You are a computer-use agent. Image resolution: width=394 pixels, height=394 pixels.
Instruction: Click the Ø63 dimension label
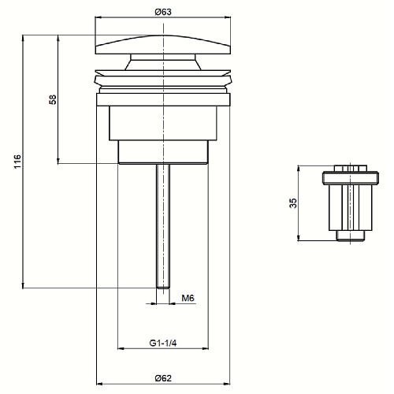[163, 12]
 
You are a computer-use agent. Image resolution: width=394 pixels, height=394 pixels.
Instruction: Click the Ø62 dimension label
[163, 378]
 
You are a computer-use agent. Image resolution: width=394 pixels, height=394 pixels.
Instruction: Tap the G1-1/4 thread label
[163, 343]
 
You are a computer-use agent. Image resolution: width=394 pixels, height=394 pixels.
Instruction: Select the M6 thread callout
[188, 298]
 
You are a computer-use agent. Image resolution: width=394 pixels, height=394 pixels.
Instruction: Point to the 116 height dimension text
[17, 162]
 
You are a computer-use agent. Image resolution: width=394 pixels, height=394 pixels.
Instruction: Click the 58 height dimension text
[53, 99]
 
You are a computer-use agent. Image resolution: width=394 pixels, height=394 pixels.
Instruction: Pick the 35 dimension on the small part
[293, 203]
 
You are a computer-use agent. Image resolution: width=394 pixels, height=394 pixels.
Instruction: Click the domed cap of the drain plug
[163, 45]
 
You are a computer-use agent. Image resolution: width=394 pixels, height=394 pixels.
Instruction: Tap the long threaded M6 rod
[163, 226]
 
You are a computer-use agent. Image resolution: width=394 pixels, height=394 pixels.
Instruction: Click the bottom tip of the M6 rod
[163, 288]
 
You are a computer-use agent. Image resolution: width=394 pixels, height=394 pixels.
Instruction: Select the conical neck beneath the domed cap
[163, 62]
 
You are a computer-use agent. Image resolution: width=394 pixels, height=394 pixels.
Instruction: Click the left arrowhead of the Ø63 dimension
[98, 17]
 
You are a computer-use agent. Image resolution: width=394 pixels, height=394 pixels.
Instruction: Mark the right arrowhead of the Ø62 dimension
[227, 384]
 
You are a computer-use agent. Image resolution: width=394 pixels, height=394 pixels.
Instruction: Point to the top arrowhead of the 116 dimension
[23, 38]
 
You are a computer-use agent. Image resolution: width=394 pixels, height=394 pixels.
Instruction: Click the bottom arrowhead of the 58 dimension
[58, 161]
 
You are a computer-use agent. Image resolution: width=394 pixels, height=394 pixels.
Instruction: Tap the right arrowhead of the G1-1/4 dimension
[205, 348]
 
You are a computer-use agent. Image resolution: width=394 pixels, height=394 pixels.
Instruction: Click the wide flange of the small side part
[351, 178]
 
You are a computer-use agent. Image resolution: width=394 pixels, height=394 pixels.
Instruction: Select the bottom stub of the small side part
[351, 236]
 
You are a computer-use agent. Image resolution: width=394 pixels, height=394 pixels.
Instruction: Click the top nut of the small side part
[351, 169]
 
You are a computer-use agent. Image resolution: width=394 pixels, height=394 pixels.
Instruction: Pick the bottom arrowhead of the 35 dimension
[299, 237]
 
